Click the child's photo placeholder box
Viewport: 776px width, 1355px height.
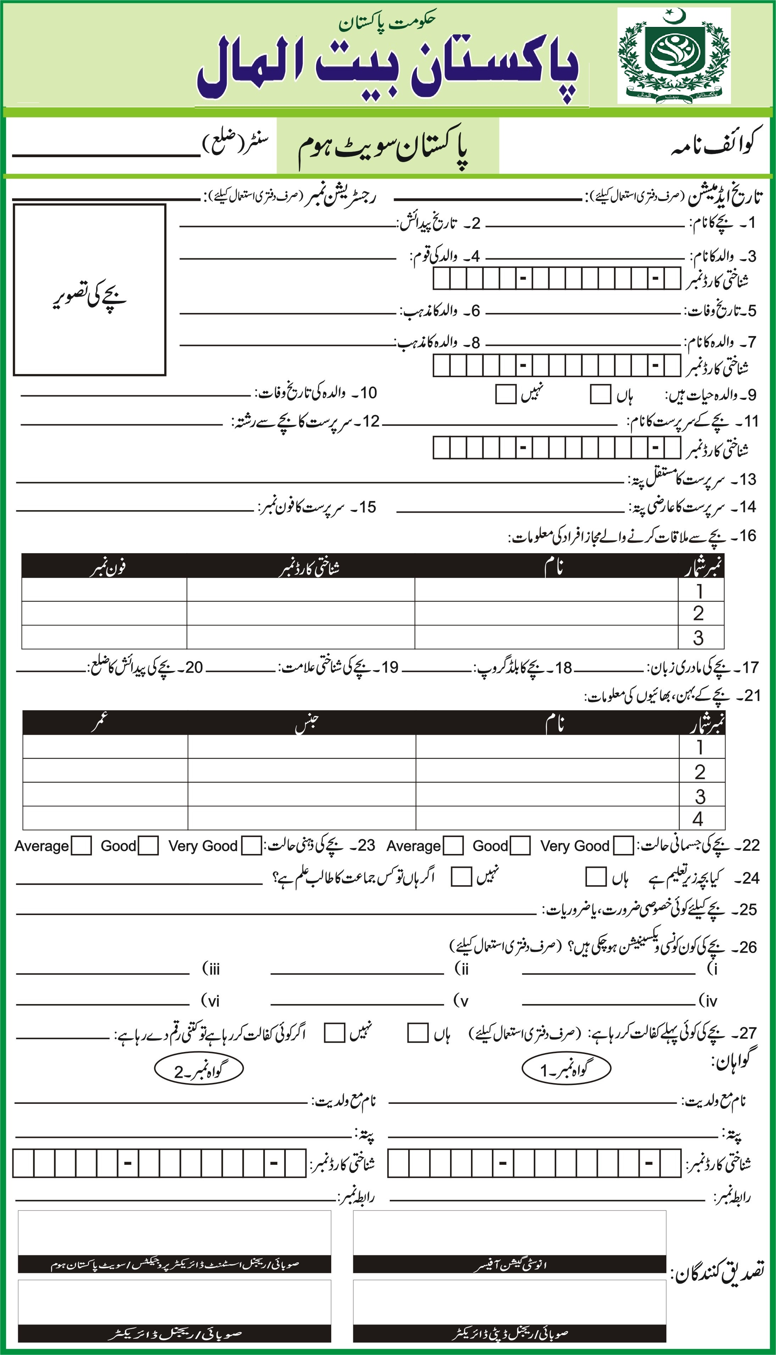click(89, 290)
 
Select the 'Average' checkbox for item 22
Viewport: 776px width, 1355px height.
click(453, 846)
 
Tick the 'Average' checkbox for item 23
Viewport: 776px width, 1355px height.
click(81, 846)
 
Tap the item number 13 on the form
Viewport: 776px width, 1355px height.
click(747, 480)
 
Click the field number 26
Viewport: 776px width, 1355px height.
click(748, 947)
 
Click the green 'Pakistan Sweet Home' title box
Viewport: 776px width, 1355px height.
click(387, 147)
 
